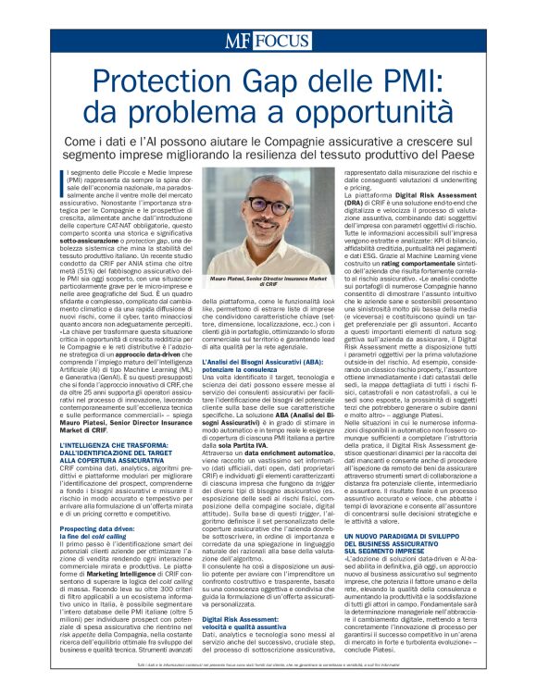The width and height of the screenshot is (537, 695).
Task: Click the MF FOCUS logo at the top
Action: pos(268,41)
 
